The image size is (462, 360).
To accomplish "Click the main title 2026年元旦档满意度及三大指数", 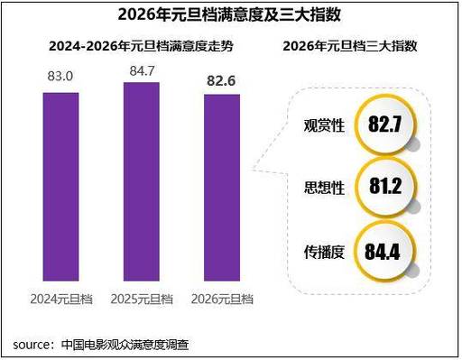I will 230,15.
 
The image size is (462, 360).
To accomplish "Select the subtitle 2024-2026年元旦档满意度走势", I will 134,46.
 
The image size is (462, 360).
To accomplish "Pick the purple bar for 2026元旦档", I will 219,189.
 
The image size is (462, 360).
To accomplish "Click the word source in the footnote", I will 32,344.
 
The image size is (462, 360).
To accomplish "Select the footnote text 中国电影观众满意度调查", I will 126,344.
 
